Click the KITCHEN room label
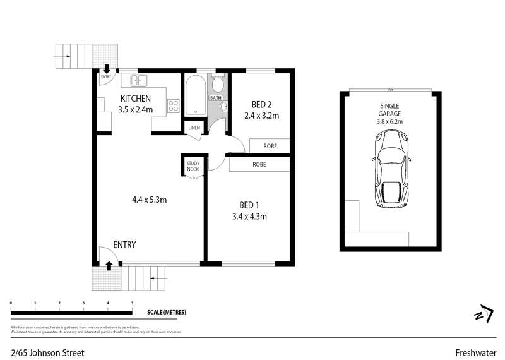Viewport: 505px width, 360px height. [x=136, y=99]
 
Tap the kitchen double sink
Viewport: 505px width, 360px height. [x=138, y=80]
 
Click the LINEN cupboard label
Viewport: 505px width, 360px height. [x=193, y=129]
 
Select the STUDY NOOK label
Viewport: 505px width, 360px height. [x=193, y=166]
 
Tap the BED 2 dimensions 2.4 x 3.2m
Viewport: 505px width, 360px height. [x=261, y=116]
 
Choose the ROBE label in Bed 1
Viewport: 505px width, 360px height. [x=259, y=164]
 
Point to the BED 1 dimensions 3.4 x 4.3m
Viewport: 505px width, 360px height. [x=249, y=217]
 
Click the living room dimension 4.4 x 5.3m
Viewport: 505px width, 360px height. [x=149, y=200]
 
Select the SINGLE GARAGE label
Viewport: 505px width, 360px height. [x=390, y=110]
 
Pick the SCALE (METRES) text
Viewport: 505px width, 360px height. [x=166, y=313]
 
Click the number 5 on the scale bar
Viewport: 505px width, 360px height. [x=132, y=304]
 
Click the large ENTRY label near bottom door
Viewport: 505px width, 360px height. [x=124, y=245]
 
